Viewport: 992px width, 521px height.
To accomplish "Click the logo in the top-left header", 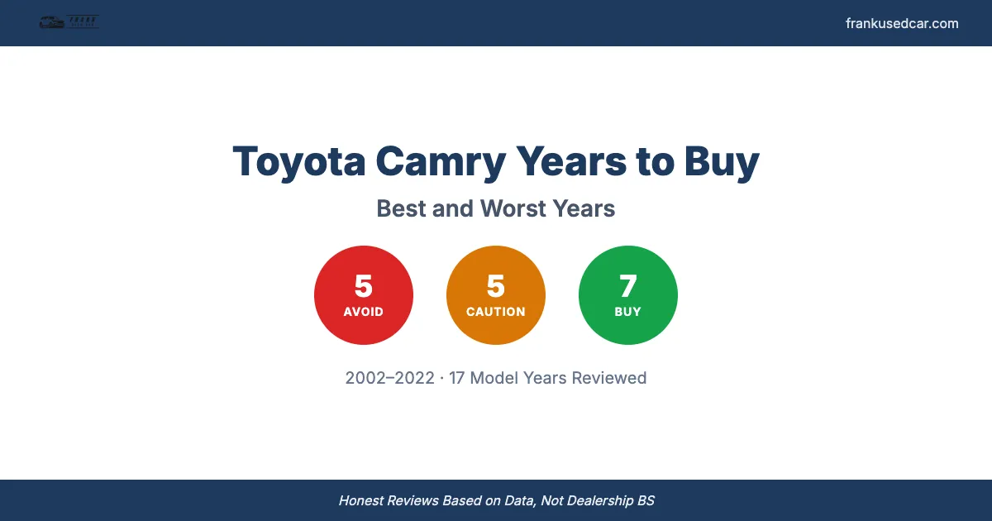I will click(x=69, y=23).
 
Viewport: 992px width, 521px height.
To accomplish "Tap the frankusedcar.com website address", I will click(x=902, y=23).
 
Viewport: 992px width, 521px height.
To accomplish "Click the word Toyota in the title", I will click(x=298, y=161).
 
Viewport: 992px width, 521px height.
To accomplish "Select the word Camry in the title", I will click(x=440, y=161).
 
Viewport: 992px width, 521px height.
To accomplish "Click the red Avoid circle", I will click(x=364, y=295).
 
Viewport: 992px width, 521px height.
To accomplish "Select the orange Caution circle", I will click(x=496, y=295).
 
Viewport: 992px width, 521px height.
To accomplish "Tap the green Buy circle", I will click(x=628, y=295).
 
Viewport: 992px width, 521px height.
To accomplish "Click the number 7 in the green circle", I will click(x=628, y=286).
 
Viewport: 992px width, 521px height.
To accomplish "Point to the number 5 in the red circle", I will click(x=364, y=286).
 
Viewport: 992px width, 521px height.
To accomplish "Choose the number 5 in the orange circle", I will click(x=496, y=286).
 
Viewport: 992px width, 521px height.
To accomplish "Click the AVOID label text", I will click(x=364, y=312).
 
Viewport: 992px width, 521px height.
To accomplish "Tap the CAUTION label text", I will click(x=496, y=312).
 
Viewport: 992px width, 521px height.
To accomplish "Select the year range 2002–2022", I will click(x=389, y=378).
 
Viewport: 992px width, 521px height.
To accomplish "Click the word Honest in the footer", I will click(x=363, y=500).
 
